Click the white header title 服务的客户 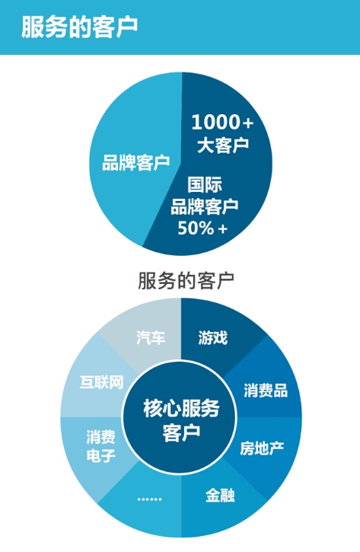click(79, 27)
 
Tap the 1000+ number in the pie click(222, 122)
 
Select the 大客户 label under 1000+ click(223, 145)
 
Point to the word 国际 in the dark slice click(205, 184)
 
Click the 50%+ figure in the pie click(202, 228)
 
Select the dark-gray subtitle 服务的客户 click(186, 281)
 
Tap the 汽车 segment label click(151, 337)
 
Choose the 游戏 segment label click(213, 337)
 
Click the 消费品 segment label click(266, 391)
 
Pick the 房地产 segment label click(262, 448)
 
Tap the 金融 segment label click(220, 496)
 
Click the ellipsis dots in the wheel click(150, 499)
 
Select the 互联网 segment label click(102, 382)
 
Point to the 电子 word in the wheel click(101, 456)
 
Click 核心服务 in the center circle click(181, 408)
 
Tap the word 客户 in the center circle click(181, 432)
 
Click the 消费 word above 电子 click(101, 438)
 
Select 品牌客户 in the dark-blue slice click(205, 206)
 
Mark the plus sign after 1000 click(248, 123)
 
